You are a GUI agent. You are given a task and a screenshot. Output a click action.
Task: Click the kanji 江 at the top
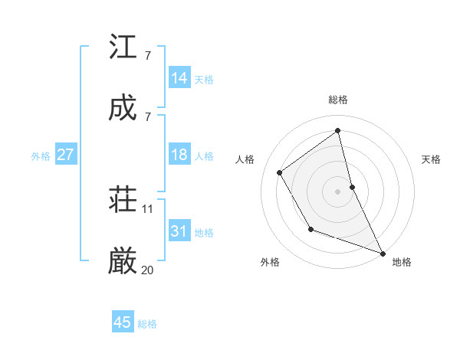pyautogui.click(x=123, y=47)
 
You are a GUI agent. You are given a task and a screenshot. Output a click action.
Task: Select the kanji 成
pyautogui.click(x=123, y=108)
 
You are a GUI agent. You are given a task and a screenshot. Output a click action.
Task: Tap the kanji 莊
pyautogui.click(x=123, y=201)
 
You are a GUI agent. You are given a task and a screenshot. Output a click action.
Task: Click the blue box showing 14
pyautogui.click(x=179, y=77)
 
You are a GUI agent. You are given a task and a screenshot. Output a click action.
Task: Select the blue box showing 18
pyautogui.click(x=179, y=155)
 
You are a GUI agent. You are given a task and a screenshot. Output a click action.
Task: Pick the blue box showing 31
pyautogui.click(x=179, y=231)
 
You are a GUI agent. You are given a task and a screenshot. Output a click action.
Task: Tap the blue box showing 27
pyautogui.click(x=65, y=155)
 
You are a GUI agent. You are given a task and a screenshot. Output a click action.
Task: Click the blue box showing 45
pyautogui.click(x=123, y=322)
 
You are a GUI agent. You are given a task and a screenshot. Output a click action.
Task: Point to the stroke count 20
pyautogui.click(x=148, y=270)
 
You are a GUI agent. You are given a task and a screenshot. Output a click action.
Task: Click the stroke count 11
pyautogui.click(x=148, y=208)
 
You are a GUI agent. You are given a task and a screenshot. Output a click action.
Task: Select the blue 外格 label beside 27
pyautogui.click(x=41, y=155)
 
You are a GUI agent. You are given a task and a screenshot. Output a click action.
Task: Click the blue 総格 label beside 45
pyautogui.click(x=147, y=324)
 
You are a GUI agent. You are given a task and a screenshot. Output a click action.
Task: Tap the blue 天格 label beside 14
pyautogui.click(x=204, y=79)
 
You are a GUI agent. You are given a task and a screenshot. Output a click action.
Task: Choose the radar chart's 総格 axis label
pyautogui.click(x=338, y=100)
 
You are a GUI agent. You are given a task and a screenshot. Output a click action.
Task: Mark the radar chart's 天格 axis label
pyautogui.click(x=432, y=159)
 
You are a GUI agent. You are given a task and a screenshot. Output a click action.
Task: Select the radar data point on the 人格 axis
pyautogui.click(x=280, y=172)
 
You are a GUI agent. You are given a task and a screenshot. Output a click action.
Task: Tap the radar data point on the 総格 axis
pyautogui.click(x=338, y=131)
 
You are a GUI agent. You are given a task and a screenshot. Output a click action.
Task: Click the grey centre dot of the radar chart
pyautogui.click(x=338, y=191)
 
